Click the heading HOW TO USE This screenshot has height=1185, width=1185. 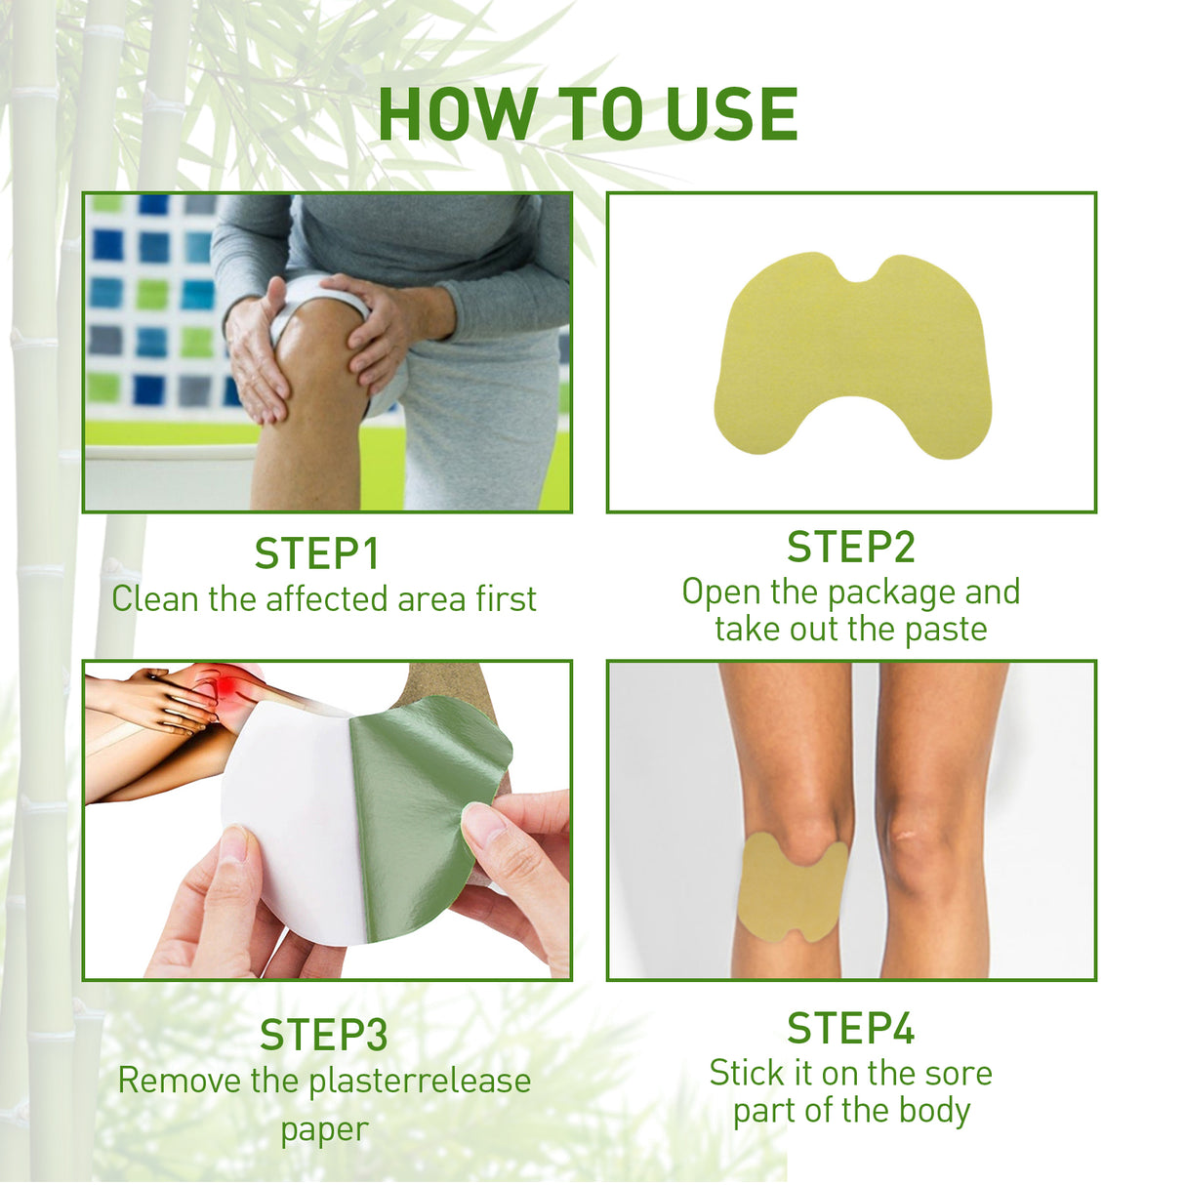pyautogui.click(x=588, y=115)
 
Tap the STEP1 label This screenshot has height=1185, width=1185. pyautogui.click(x=316, y=553)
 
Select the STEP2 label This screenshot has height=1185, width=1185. pyautogui.click(x=850, y=547)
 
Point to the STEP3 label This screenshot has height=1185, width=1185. pyautogui.click(x=323, y=1035)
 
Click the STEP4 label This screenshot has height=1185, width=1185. pyautogui.click(x=850, y=1028)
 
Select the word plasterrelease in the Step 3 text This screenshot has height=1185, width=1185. pyautogui.click(x=420, y=1081)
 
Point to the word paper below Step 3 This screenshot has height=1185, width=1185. pyautogui.click(x=324, y=1129)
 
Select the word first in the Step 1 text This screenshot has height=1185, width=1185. pyautogui.click(x=506, y=598)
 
